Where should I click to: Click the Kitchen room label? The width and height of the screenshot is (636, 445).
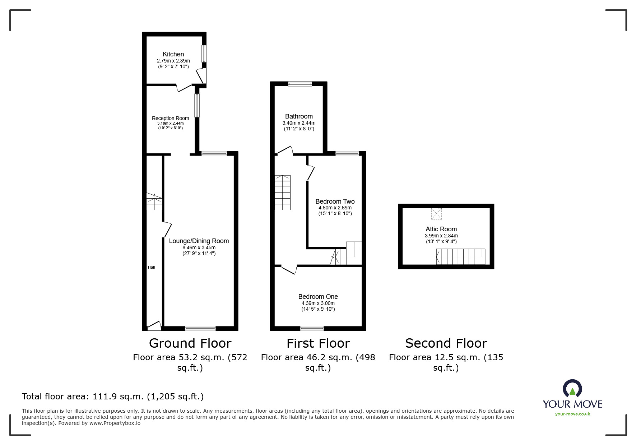point(173,54)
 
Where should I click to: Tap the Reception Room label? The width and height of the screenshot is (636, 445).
point(170,118)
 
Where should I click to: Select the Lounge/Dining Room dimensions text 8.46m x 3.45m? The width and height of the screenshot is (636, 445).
point(199,247)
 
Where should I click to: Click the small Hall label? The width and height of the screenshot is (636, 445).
point(151,267)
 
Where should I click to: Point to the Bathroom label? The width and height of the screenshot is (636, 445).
point(299,116)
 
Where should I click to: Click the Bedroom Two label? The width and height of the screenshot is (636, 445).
point(335,201)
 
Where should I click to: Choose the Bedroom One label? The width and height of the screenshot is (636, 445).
point(318,297)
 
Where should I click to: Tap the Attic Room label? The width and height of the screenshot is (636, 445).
point(441,229)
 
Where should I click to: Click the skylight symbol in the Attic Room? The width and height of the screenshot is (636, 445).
point(436,214)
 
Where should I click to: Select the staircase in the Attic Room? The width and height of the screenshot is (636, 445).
point(460,256)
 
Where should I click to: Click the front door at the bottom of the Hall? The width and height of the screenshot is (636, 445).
point(154,326)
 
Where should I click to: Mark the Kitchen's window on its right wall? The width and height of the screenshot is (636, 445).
point(204,53)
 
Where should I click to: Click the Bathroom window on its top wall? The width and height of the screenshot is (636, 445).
point(300,84)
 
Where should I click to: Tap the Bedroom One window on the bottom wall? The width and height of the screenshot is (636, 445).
point(312,328)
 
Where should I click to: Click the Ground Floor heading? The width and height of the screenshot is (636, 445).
point(190,343)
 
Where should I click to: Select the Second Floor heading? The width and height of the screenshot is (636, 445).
point(446,343)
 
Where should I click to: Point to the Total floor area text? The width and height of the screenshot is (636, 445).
point(113,397)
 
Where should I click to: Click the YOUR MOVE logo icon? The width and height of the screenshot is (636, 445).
point(572,389)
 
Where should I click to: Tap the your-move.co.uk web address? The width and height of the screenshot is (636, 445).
point(572,414)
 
